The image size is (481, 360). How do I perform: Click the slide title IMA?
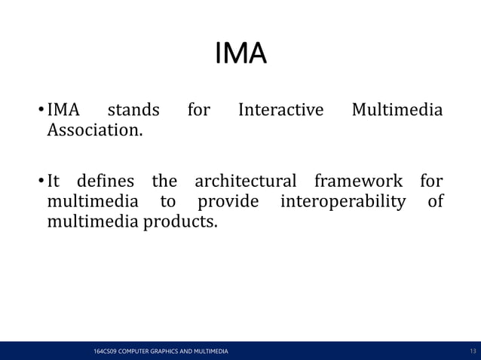pos(240,55)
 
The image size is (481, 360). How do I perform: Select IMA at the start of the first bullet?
pos(64,111)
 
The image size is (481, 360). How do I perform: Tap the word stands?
pos(133,111)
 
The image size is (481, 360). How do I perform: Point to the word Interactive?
pos(280,111)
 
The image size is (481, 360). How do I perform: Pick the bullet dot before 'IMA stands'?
pos(41,112)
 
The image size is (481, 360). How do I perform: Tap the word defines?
pos(106,182)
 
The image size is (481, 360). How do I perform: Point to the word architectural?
pos(246,182)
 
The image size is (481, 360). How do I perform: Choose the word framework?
pos(359,182)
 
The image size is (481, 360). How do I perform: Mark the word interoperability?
pos(342,202)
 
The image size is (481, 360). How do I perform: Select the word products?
pos(181,222)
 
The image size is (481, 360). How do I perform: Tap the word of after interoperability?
pos(435,202)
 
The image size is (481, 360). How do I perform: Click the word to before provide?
pos(167,202)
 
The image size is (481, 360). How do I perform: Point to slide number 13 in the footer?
pos(473,352)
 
